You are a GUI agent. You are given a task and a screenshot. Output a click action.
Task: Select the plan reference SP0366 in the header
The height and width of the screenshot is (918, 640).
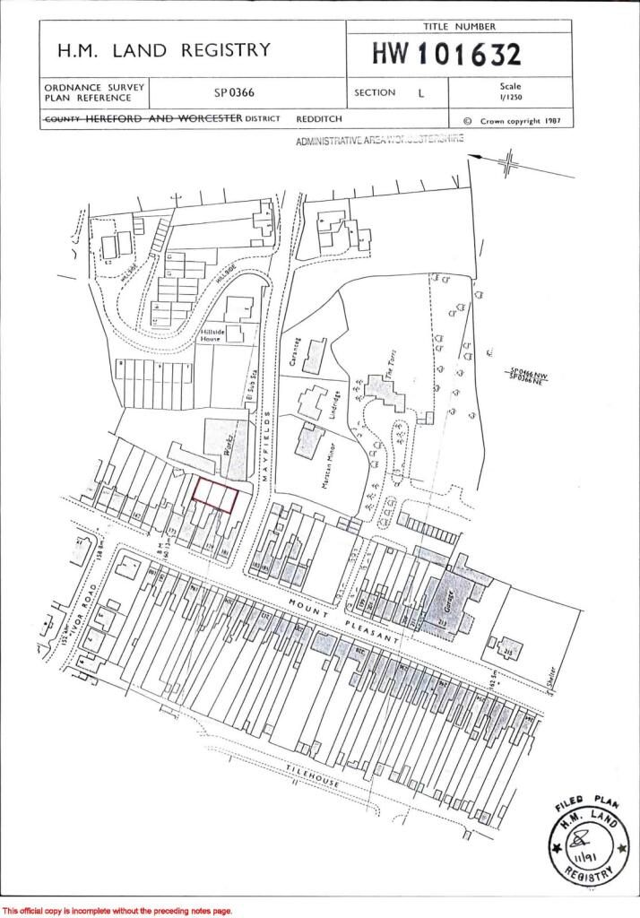(x=235, y=92)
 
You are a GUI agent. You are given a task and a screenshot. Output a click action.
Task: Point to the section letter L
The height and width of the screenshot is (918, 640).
(x=421, y=92)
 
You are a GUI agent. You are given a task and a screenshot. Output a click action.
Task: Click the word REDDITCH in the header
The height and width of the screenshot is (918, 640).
(x=318, y=119)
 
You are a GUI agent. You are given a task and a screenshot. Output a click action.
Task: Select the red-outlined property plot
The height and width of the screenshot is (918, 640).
(x=216, y=495)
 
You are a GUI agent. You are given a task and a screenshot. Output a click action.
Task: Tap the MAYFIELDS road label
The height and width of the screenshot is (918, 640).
(x=266, y=443)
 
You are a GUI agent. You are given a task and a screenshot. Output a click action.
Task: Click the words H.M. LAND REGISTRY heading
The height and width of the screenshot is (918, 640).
(x=163, y=51)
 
